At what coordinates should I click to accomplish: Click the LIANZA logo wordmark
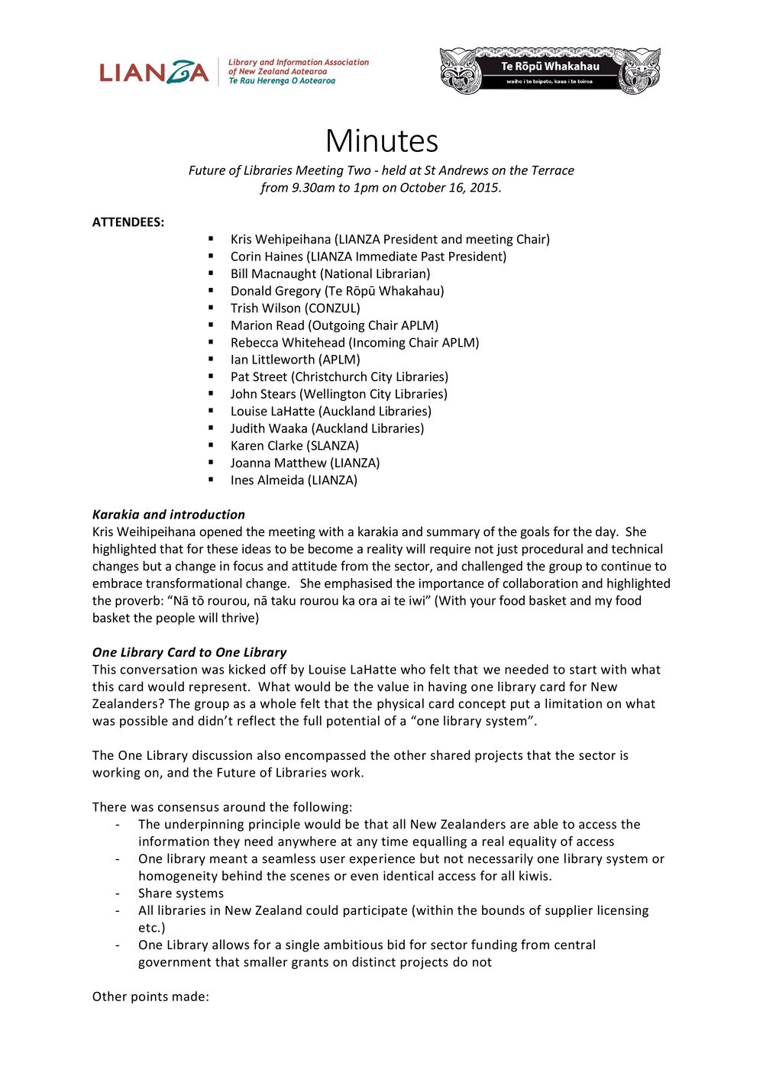pos(154,72)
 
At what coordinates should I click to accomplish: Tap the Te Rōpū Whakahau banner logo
pos(550,71)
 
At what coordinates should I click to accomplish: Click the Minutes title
pos(381,141)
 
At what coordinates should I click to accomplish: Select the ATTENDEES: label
pos(128,222)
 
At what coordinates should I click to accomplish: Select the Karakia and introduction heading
pos(169,515)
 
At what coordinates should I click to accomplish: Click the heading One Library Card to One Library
pos(189,652)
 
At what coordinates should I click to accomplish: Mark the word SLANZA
pos(333,445)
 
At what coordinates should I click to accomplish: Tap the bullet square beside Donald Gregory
pos(211,290)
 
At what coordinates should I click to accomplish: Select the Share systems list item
pos(181,893)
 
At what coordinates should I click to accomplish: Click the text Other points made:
pos(150,997)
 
